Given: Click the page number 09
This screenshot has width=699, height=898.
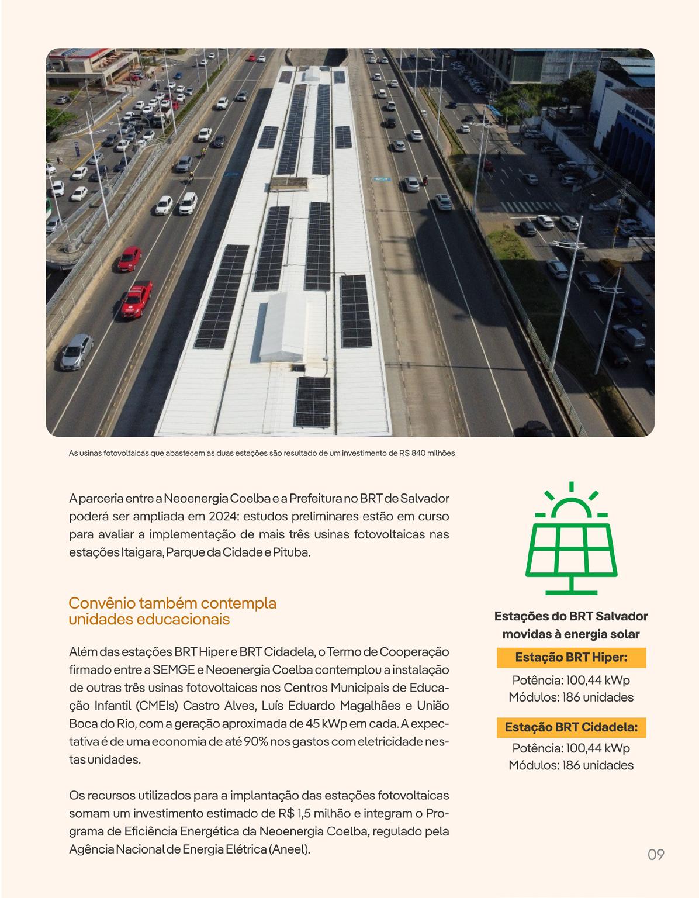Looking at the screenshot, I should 656,854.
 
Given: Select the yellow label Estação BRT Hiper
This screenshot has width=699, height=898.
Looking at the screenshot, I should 571,658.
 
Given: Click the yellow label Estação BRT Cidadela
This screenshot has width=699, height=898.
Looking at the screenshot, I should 571,727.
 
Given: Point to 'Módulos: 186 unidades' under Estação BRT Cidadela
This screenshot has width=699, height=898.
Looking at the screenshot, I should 571,765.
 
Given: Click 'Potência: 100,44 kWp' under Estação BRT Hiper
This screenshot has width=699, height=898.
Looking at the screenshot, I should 571,680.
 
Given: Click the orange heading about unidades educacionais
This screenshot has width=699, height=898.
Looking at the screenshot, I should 172,611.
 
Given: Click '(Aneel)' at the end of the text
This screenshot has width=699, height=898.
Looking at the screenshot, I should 289,849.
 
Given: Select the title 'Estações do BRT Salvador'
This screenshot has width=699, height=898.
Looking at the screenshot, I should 571,616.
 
